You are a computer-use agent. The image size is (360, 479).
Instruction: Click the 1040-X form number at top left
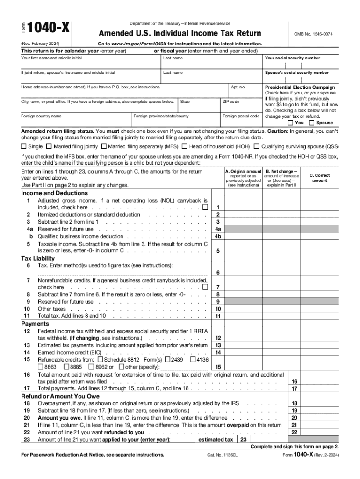pos(49,29)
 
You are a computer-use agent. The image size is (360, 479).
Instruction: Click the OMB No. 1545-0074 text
pos(313,35)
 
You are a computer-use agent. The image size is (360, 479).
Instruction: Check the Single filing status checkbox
pos(24,146)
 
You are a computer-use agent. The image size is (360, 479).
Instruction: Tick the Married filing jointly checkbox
pos(49,146)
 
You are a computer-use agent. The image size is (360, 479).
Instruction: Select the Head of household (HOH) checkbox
pos(185,146)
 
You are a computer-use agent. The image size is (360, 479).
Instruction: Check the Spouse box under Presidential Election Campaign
pos(312,123)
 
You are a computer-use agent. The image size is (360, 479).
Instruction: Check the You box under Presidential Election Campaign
pos(290,123)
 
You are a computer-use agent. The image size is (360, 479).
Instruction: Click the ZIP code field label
pos(231,102)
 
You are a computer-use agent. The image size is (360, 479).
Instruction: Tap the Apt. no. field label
pos(238,87)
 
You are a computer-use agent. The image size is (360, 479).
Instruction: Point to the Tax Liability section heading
pos(38,258)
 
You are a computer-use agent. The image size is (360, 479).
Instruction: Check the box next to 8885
pos(66,367)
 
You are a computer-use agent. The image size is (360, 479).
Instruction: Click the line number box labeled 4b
pos(217,236)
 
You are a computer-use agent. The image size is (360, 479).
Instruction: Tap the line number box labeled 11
pos(217,316)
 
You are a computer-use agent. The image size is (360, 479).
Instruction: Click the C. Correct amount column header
pos(320,178)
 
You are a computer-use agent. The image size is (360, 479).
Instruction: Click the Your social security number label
pos(292,58)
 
